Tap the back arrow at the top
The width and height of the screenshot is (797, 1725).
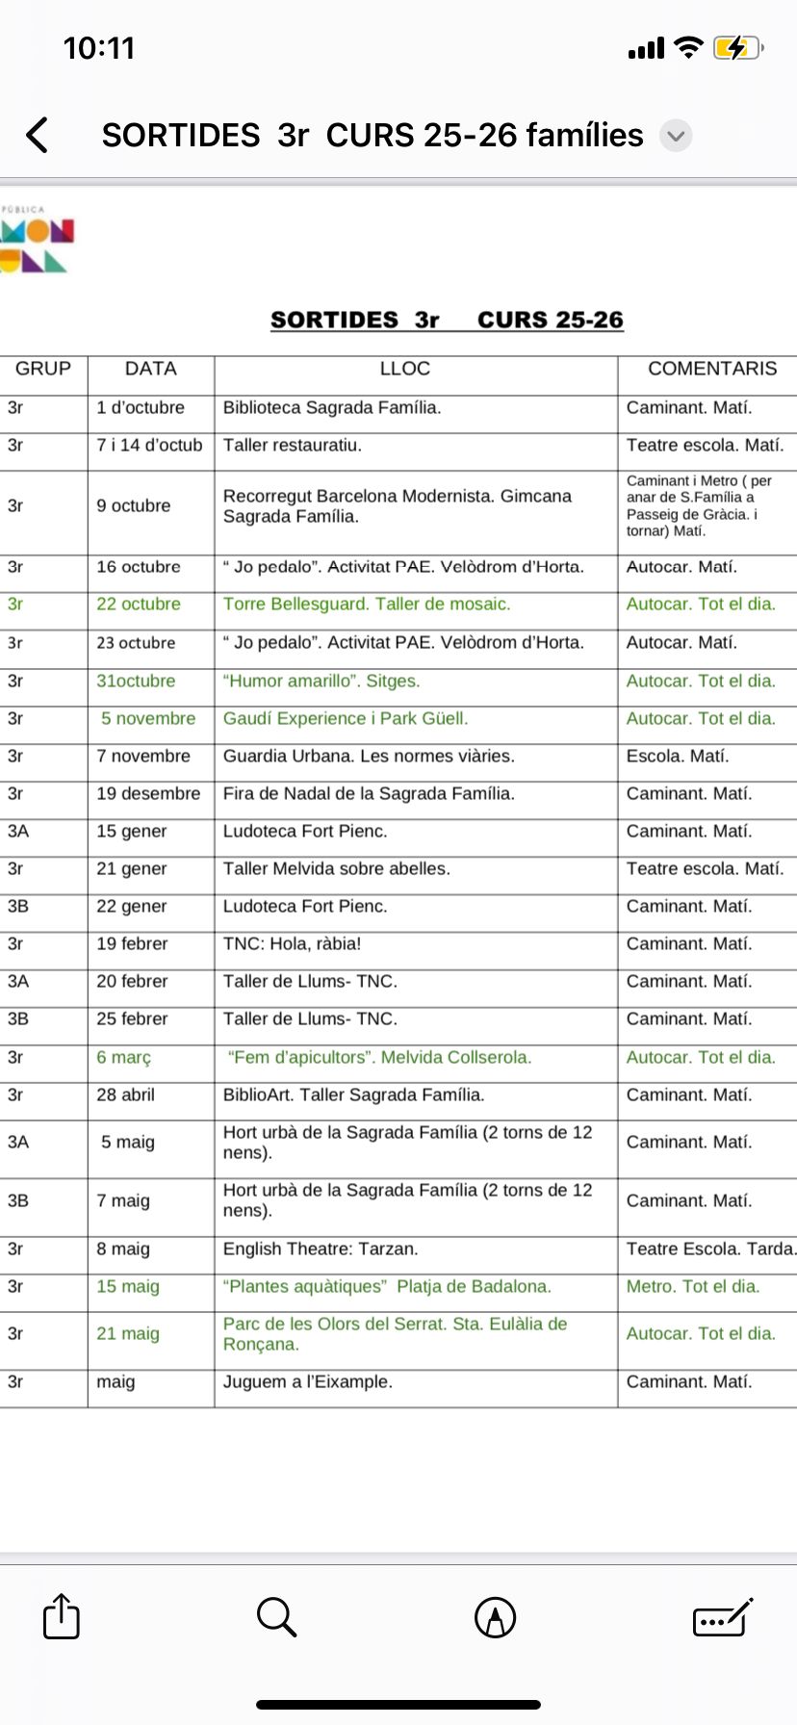click(x=38, y=135)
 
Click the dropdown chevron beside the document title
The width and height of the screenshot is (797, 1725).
click(x=676, y=136)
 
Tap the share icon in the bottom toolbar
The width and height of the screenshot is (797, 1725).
click(x=62, y=1616)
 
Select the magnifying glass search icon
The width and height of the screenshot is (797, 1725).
click(x=276, y=1616)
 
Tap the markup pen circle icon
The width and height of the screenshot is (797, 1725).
click(x=496, y=1617)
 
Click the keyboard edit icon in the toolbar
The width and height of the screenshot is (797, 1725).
click(x=722, y=1617)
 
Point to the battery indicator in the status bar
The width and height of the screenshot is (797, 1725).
click(x=736, y=47)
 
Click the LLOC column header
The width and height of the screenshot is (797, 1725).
click(x=405, y=369)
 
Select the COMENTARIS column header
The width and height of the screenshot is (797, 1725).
click(x=711, y=369)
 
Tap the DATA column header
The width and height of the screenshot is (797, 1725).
click(x=151, y=369)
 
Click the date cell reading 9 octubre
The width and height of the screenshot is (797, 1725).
click(x=134, y=505)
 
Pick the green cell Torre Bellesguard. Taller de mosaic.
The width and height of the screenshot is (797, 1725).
click(x=367, y=605)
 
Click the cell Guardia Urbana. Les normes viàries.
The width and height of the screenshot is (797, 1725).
click(x=369, y=757)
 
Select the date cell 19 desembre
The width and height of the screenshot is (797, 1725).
click(x=148, y=794)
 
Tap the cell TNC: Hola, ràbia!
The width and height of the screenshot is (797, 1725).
click(x=293, y=944)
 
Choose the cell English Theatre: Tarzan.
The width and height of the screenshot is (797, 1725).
click(x=321, y=1249)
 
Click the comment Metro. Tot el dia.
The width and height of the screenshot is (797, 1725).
click(x=693, y=1287)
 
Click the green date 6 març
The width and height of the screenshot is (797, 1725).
click(x=124, y=1058)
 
